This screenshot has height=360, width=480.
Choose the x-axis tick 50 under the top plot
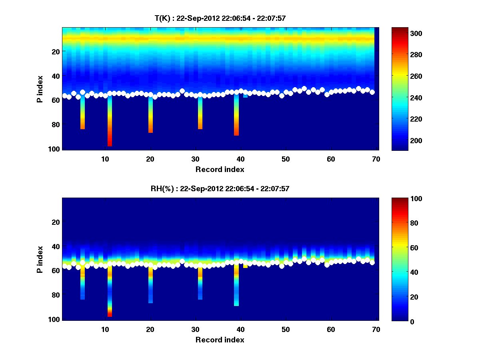click(x=285, y=159)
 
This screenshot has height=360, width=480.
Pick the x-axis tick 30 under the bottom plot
click(x=195, y=329)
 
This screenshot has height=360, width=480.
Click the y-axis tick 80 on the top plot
click(x=55, y=124)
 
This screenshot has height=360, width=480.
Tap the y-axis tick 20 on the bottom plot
click(x=55, y=222)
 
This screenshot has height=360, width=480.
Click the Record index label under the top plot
click(x=220, y=169)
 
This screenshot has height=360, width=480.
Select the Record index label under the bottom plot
click(x=220, y=340)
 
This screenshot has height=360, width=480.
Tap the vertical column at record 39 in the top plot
click(x=236, y=116)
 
